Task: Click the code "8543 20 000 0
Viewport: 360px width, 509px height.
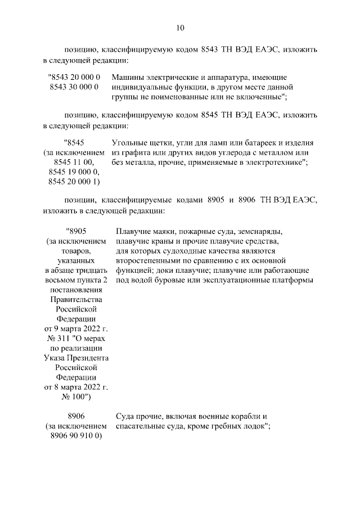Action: pos(74,76)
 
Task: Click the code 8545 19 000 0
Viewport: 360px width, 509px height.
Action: pos(74,172)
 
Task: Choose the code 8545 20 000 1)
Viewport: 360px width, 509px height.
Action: pos(74,182)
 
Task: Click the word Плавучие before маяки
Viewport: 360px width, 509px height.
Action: pos(134,231)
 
